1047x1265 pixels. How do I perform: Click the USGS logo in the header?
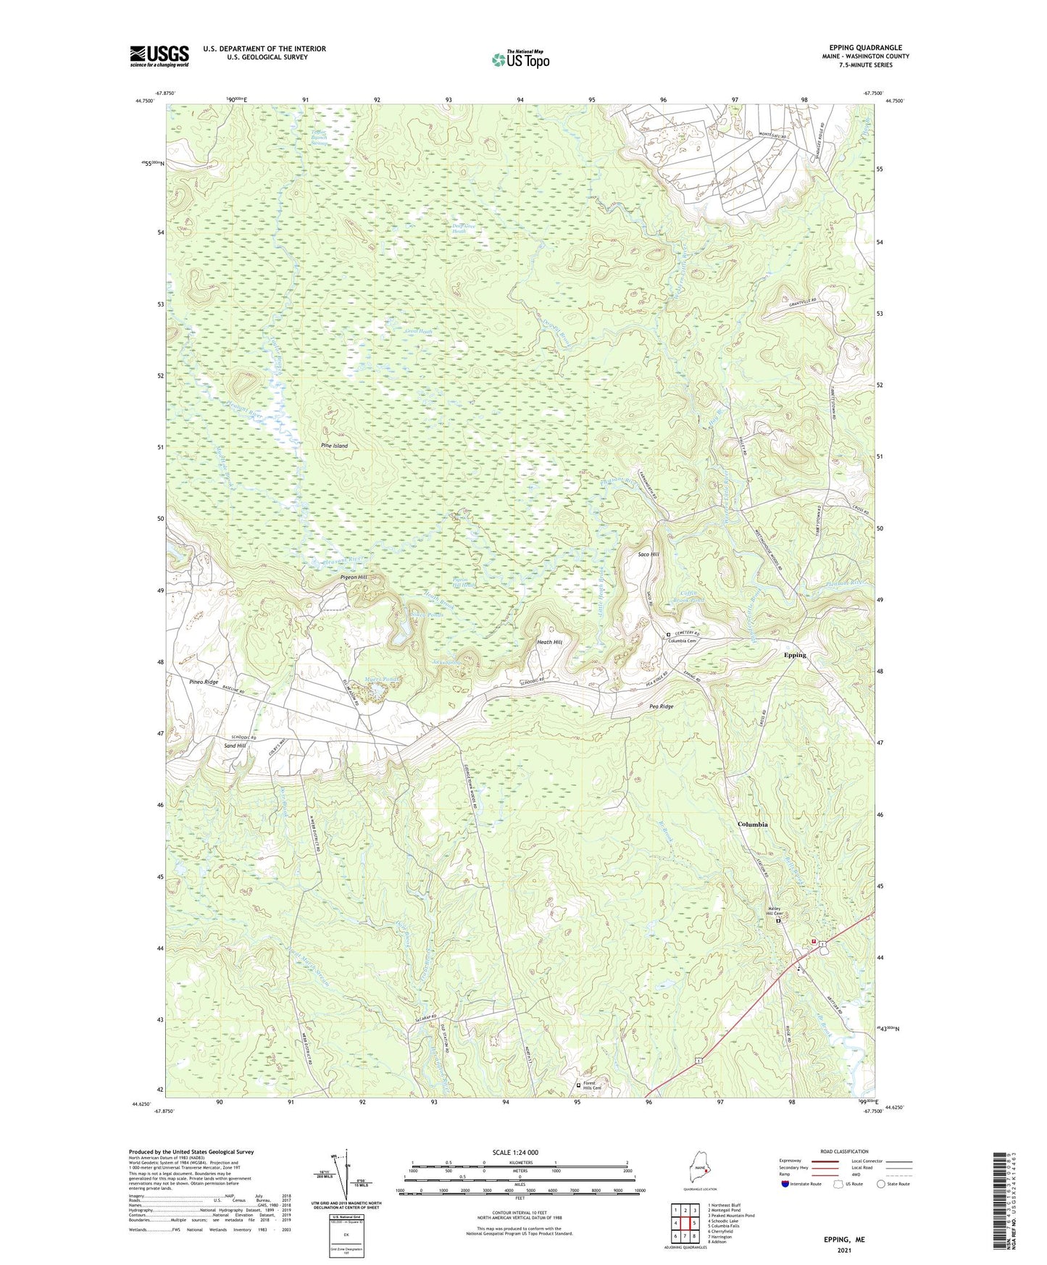click(159, 56)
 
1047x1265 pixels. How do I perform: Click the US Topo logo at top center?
click(520, 59)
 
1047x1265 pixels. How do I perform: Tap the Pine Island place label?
click(334, 446)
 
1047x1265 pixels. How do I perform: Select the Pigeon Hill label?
click(354, 577)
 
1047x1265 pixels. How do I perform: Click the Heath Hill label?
click(549, 642)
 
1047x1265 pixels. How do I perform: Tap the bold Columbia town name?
click(752, 824)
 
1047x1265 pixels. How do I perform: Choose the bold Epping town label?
click(794, 655)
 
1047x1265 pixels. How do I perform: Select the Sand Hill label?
click(235, 746)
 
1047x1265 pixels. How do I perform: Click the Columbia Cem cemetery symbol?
click(668, 635)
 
